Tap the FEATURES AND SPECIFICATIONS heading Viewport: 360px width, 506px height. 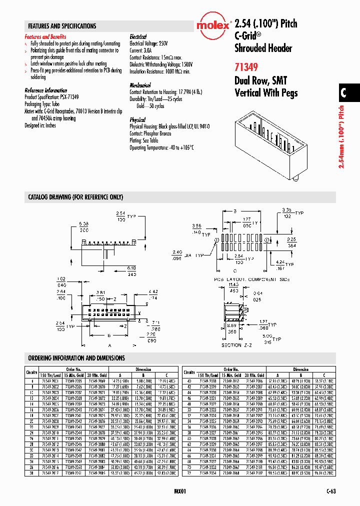pyautogui.click(x=62, y=26)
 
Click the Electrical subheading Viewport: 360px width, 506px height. pyautogui.click(x=138, y=37)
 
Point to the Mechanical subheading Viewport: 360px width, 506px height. pyautogui.click(x=140, y=85)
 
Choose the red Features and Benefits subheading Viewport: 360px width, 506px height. pyautogui.click(x=45, y=37)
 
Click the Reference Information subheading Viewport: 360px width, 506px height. pyautogui.click(x=46, y=90)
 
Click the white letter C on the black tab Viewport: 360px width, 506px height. pyautogui.click(x=343, y=92)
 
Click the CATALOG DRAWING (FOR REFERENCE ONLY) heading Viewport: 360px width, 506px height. pyautogui.click(x=75, y=197)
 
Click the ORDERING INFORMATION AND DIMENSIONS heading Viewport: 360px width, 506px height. pyautogui.click(x=76, y=358)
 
